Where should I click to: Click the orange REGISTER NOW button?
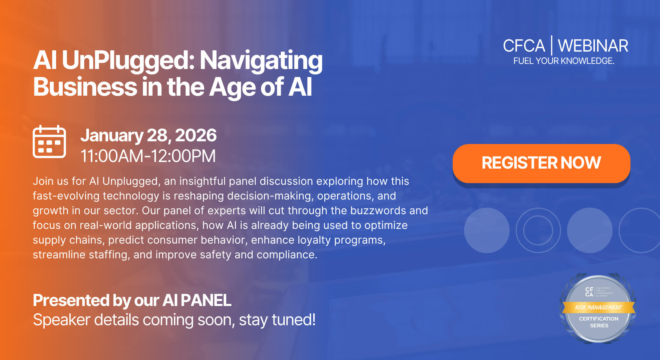(x=541, y=163)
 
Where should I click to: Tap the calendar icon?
(x=49, y=142)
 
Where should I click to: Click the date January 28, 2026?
(x=148, y=135)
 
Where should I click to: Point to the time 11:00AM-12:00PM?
(x=148, y=156)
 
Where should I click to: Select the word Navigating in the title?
(x=261, y=60)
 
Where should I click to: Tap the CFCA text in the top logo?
(x=524, y=46)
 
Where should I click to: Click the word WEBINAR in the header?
(x=593, y=46)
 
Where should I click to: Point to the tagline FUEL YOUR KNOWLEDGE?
(x=564, y=61)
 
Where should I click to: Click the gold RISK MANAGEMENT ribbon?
(x=598, y=307)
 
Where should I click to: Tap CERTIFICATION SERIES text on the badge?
(x=599, y=322)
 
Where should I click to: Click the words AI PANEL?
(x=197, y=300)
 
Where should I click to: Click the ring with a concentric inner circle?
(x=538, y=230)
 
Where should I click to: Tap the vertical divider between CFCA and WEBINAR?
(x=551, y=46)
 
